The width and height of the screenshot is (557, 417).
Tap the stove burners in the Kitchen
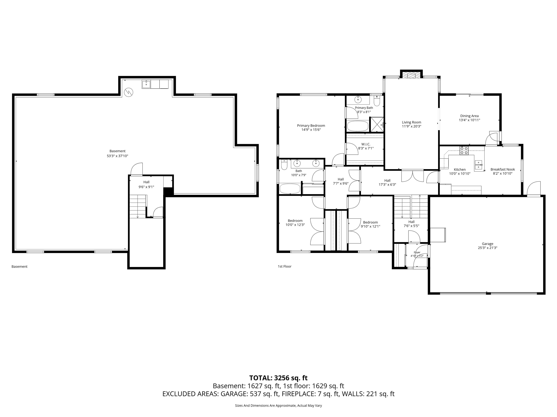click(464, 150)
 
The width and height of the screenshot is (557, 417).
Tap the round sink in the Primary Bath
click(358, 99)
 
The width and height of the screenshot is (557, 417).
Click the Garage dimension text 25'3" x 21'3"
click(488, 248)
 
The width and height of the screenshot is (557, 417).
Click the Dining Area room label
click(469, 116)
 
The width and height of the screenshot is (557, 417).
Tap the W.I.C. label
click(366, 144)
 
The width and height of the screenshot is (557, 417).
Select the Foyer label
click(417, 252)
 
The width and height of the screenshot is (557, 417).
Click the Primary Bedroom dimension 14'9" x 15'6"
click(311, 130)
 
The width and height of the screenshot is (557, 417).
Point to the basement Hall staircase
click(138, 206)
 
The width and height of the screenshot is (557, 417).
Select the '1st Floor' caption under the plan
click(285, 266)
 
